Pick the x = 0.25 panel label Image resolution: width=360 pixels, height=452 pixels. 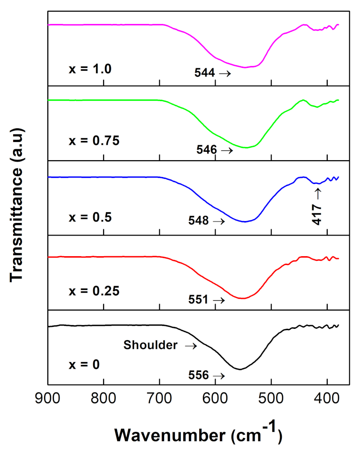coord(92,290)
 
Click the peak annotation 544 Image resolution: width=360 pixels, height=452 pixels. coord(204,73)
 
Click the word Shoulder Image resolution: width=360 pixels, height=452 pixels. coord(150,346)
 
